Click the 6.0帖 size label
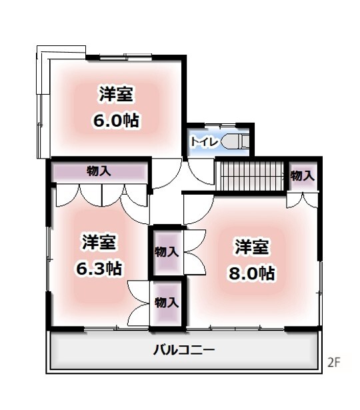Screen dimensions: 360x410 pyautogui.click(x=116, y=120)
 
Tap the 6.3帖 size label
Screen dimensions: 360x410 pyautogui.click(x=99, y=268)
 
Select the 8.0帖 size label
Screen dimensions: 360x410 pyautogui.click(x=252, y=273)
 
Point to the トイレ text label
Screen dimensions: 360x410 pyautogui.click(x=205, y=141)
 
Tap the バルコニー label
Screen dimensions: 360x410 pyautogui.click(x=184, y=349)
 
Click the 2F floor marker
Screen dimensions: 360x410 pyautogui.click(x=333, y=363)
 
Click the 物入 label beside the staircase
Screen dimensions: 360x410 pyautogui.click(x=303, y=176)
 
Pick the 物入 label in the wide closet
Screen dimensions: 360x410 pyautogui.click(x=99, y=171)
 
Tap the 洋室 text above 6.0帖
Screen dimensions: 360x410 pyautogui.click(x=116, y=94)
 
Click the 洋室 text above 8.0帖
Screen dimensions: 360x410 pyautogui.click(x=252, y=247)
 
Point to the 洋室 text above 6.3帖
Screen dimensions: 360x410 pyautogui.click(x=99, y=242)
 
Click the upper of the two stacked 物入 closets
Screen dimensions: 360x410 pyautogui.click(x=167, y=252)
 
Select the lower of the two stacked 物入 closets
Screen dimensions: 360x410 pyautogui.click(x=167, y=303)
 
